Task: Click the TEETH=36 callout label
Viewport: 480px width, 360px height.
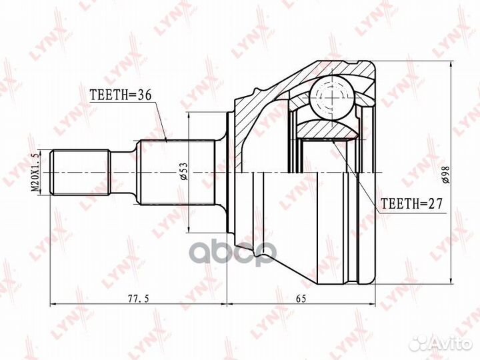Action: coord(121,96)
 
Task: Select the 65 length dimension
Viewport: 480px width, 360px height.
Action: coord(301,299)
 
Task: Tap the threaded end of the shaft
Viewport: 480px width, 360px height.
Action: coord(81,171)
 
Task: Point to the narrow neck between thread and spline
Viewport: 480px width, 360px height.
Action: coord(123,171)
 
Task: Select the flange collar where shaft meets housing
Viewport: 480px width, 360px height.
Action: coord(231,171)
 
